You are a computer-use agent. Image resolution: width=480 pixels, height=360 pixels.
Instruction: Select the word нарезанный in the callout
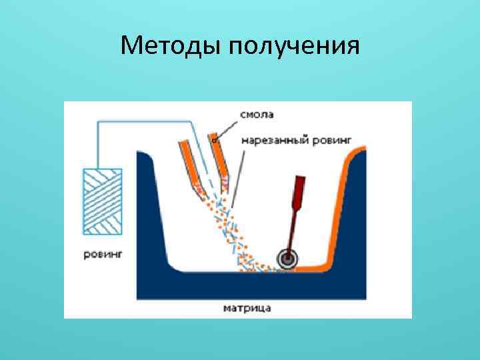[269, 140]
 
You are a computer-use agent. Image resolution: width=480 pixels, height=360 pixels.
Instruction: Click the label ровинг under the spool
[103, 253]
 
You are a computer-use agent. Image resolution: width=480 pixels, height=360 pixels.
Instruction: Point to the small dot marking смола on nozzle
[214, 141]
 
